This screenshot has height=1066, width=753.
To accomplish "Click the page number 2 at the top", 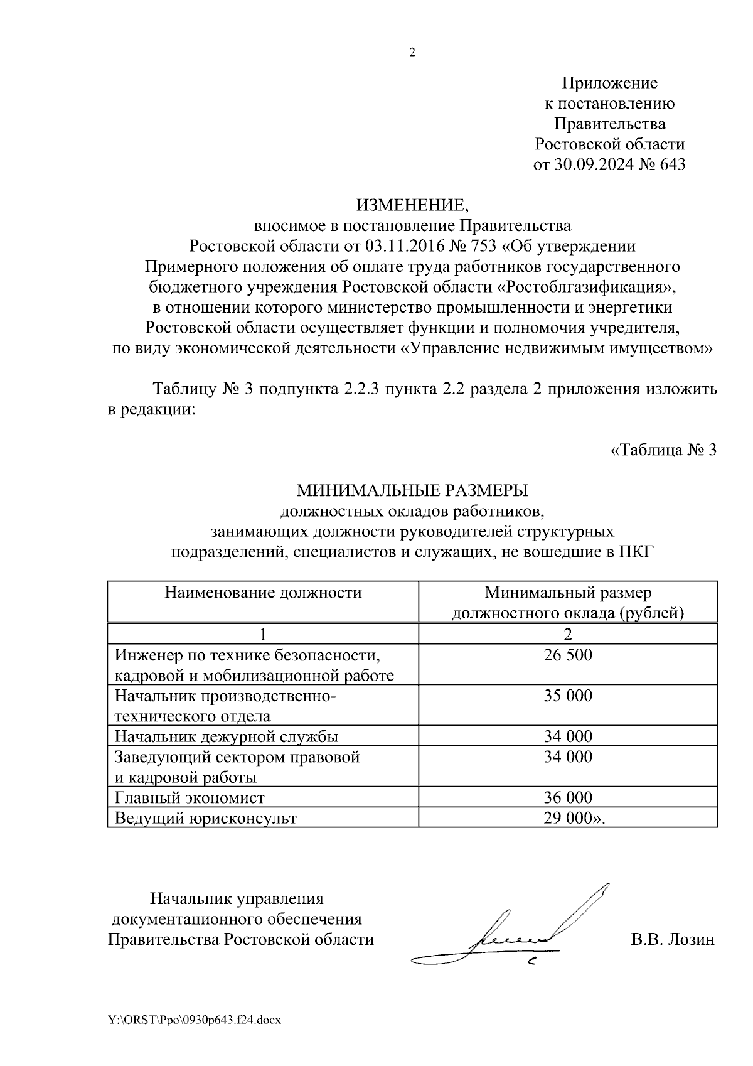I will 412,53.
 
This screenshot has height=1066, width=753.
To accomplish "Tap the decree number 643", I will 673,164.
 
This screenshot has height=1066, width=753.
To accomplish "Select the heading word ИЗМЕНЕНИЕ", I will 412,205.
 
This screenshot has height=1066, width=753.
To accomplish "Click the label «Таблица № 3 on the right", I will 663,450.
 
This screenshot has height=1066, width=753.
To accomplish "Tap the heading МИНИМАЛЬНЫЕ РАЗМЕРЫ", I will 412,490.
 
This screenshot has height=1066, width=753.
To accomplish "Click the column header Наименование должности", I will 263,593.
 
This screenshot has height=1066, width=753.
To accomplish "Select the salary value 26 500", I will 568,655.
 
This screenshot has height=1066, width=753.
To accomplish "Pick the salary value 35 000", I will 568,696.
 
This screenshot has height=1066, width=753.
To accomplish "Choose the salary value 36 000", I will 568,797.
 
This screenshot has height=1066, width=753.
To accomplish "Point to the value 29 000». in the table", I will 575,817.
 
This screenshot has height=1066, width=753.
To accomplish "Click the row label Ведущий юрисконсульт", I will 205,817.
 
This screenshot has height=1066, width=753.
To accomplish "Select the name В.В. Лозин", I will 673,939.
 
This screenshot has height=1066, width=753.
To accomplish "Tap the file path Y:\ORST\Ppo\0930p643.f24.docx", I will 195,1020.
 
